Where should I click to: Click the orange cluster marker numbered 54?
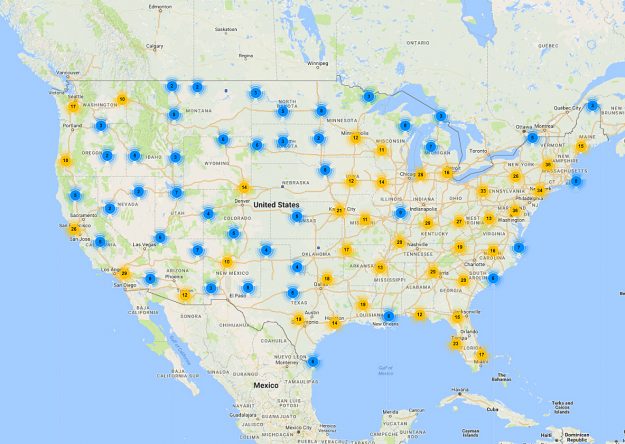[243, 187]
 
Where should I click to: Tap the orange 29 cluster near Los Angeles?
[125, 272]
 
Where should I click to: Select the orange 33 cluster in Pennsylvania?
[483, 191]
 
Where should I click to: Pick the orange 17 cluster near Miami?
[481, 354]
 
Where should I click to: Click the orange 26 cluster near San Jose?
[74, 229]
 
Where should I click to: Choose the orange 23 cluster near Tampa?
[456, 344]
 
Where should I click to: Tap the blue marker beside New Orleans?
[388, 316]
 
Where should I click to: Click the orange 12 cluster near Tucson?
[185, 295]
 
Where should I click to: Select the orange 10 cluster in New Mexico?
[227, 262]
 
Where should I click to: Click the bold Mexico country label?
[266, 385]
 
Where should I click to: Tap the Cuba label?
[491, 408]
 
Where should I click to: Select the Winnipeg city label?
[318, 61]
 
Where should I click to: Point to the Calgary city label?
[155, 46]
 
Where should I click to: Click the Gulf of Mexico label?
[383, 368]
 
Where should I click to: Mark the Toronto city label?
[478, 150]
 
